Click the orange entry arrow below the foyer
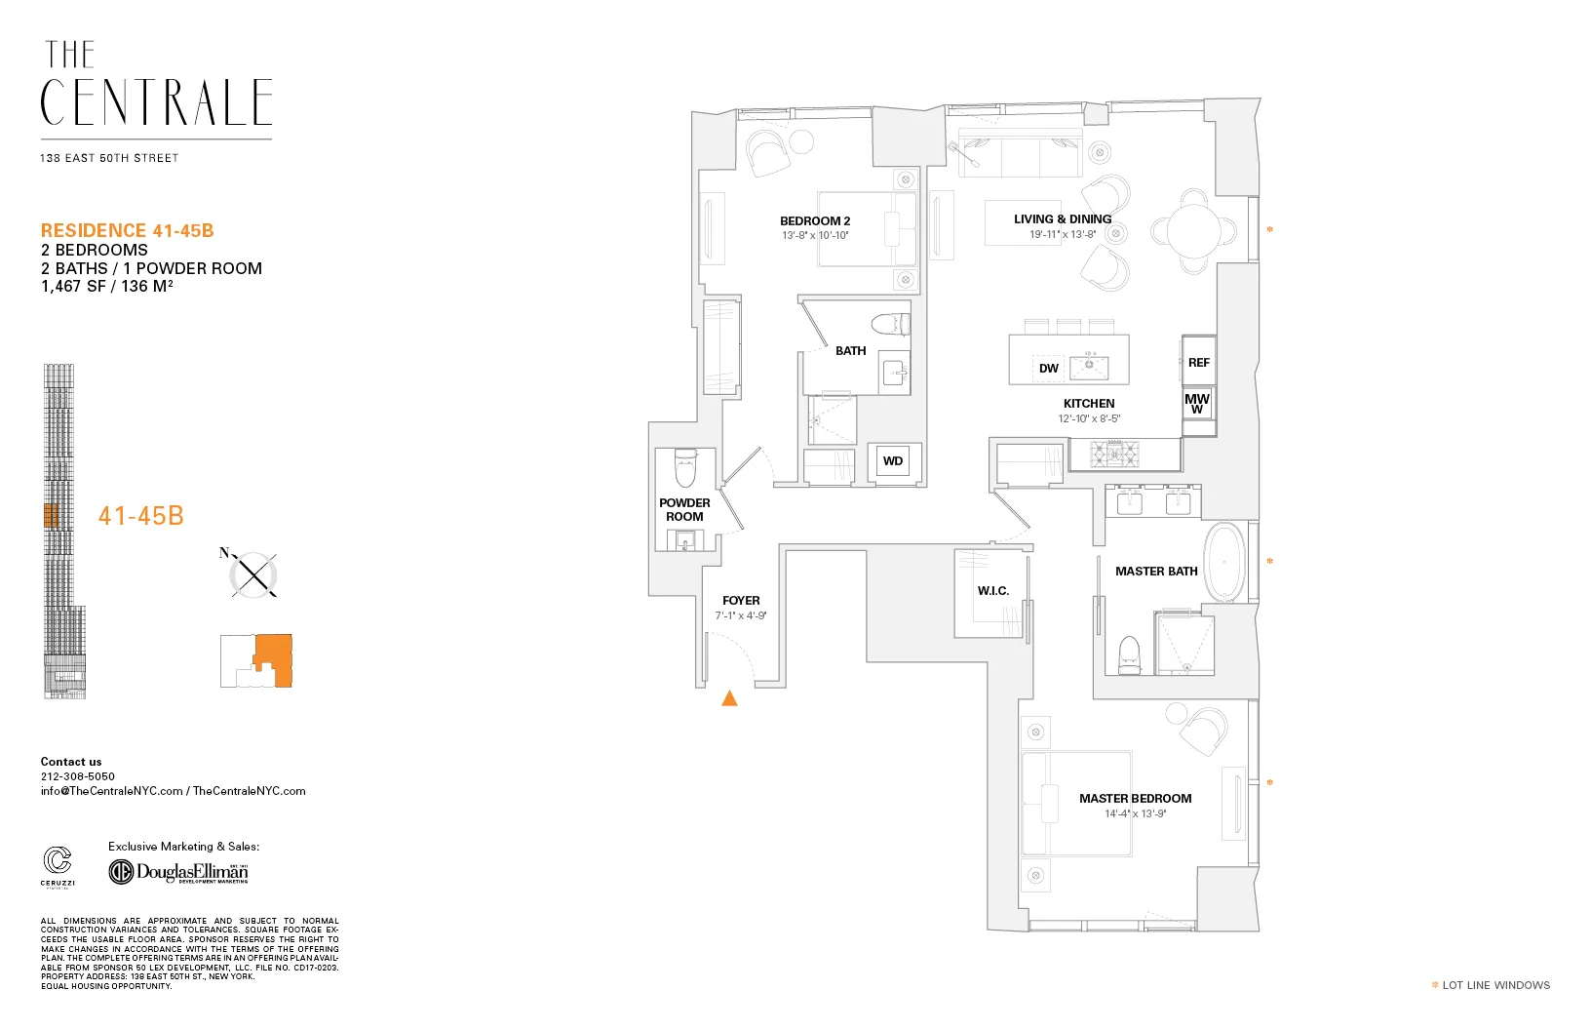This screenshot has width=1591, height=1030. [x=729, y=697]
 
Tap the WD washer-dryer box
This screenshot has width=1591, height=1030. [x=893, y=461]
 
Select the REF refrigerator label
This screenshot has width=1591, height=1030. [x=1199, y=363]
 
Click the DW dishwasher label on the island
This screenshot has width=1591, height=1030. [x=1049, y=369]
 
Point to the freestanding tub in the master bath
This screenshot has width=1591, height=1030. [x=1224, y=564]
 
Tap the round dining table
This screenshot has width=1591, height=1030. [x=1193, y=231]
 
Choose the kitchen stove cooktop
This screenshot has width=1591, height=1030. [x=1114, y=453]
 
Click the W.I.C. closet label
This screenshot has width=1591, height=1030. [x=993, y=591]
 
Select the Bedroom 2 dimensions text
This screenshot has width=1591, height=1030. [x=815, y=235]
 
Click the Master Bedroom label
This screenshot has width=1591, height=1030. [x=1135, y=798]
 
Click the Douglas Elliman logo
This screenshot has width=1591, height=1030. [x=179, y=871]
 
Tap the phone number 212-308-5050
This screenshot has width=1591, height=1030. [x=78, y=776]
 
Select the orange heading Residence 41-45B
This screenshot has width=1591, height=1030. [x=128, y=231]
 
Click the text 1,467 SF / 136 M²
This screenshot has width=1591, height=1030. [x=107, y=286]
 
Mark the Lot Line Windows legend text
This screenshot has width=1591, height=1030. [x=1495, y=985]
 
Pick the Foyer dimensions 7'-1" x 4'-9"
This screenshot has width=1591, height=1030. [x=741, y=615]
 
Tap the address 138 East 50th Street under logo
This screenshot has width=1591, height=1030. [x=109, y=158]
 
